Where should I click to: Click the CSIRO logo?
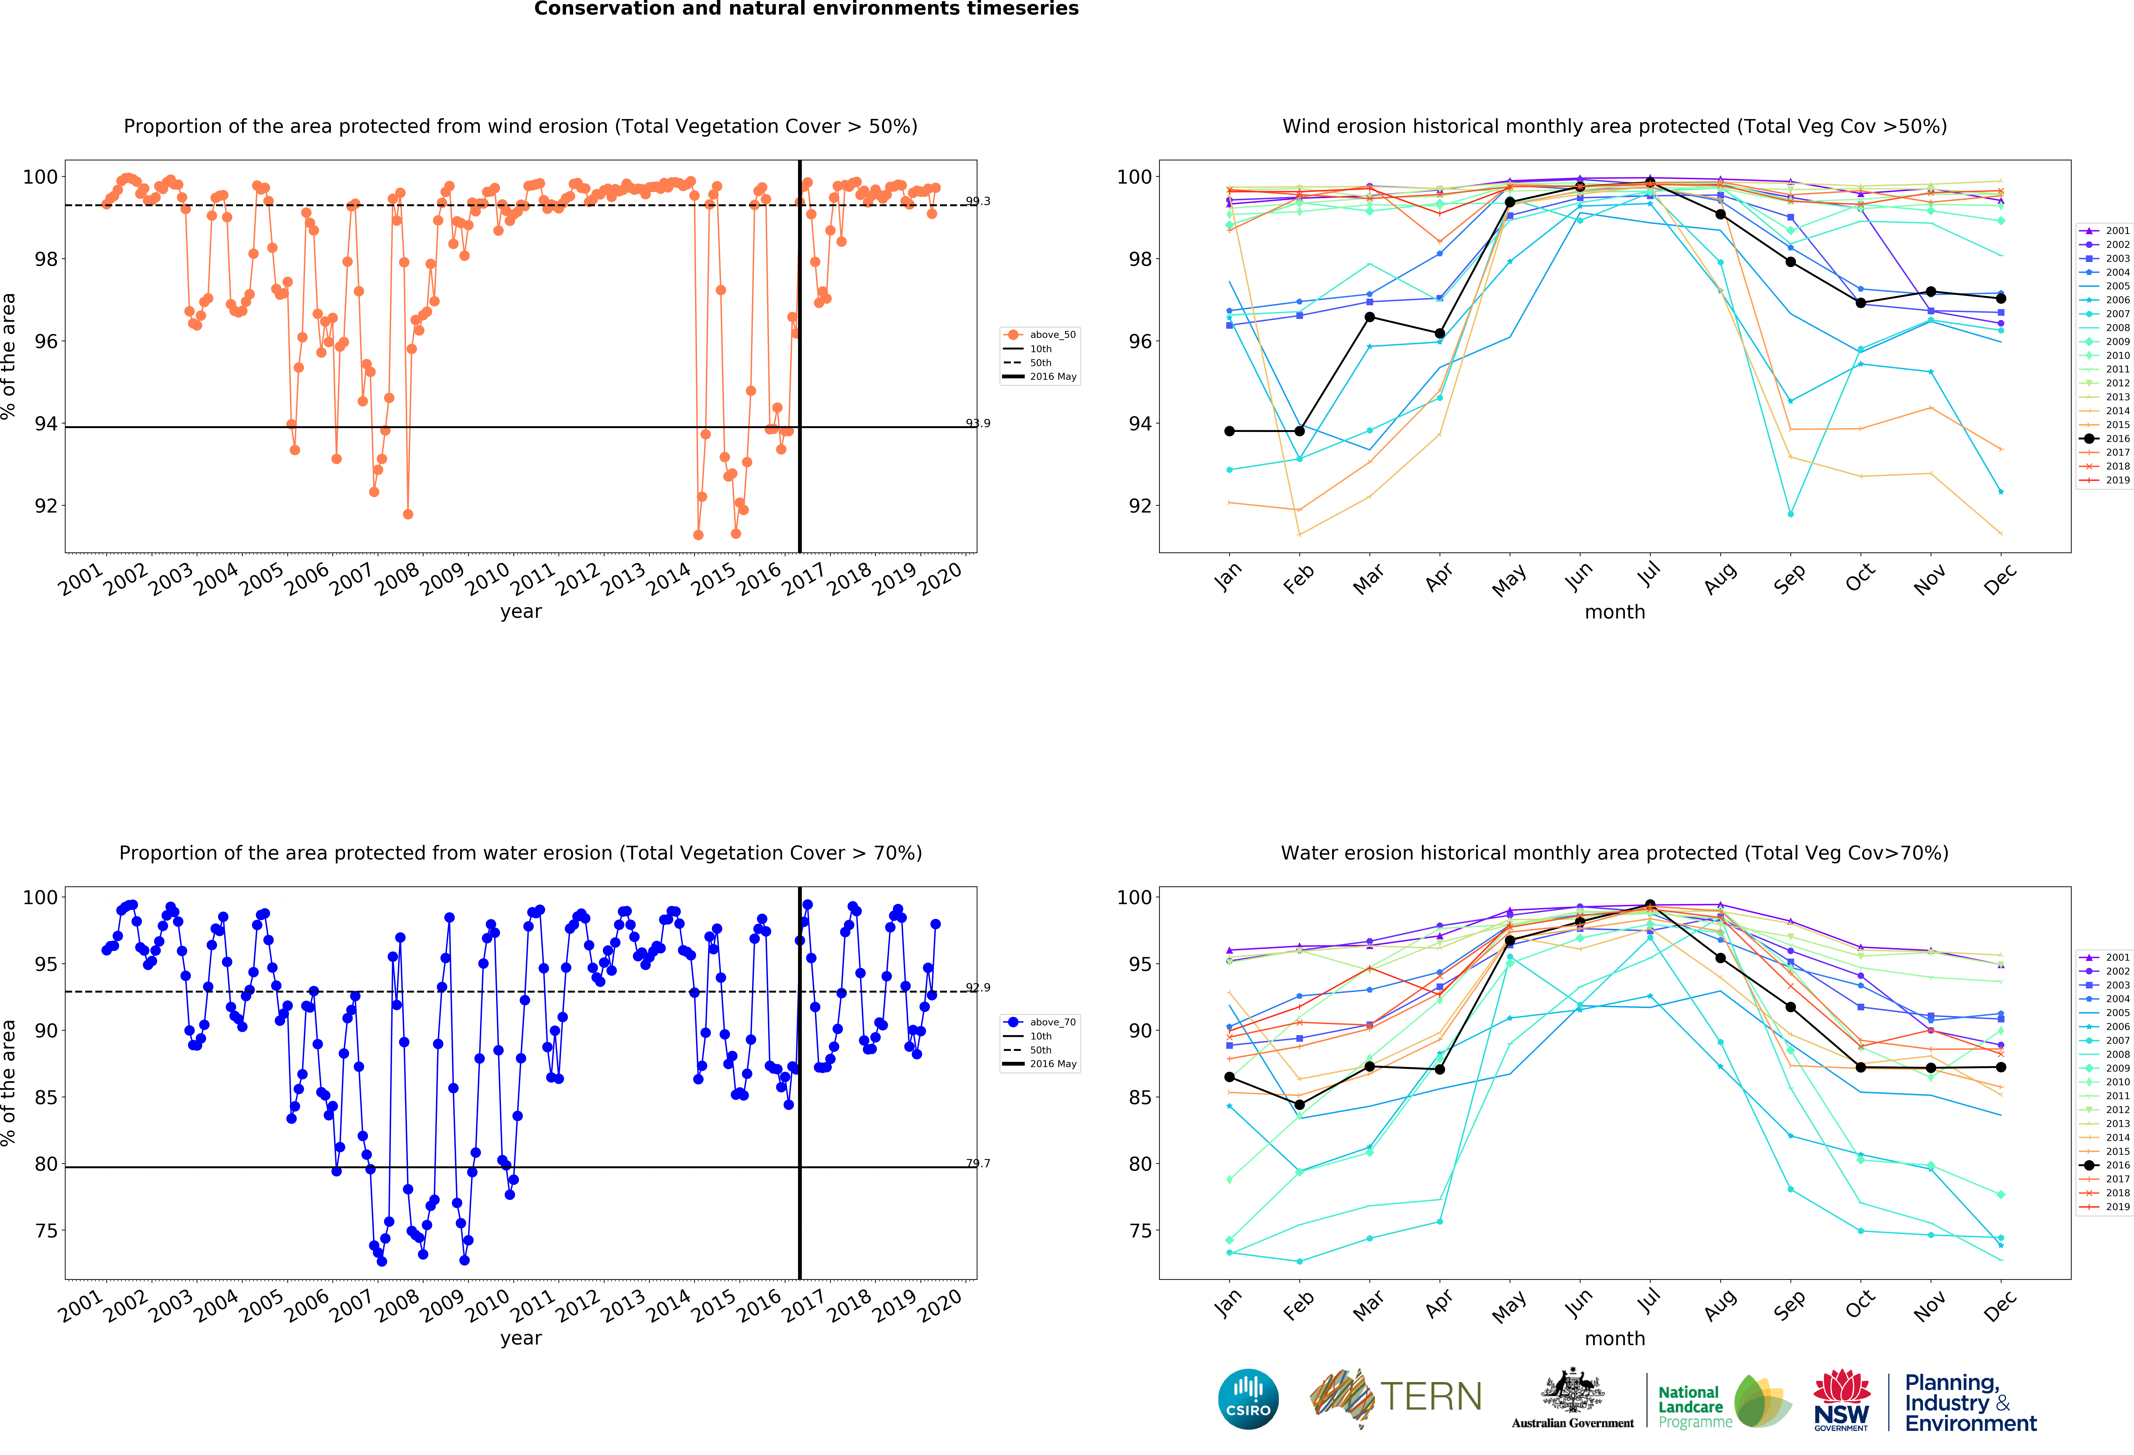tap(1248, 1399)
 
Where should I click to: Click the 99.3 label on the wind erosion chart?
tap(978, 201)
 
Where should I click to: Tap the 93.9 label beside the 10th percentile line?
tap(978, 423)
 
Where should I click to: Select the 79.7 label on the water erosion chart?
tap(978, 1163)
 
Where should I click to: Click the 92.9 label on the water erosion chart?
tap(978, 988)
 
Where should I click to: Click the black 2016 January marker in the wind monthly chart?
tap(1229, 431)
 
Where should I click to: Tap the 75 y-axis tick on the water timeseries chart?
tap(46, 1231)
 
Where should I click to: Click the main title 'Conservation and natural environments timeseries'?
tap(806, 9)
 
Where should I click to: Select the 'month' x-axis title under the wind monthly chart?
tap(1614, 612)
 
